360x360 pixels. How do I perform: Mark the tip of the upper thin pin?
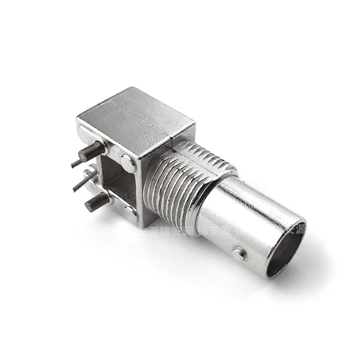72,166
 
